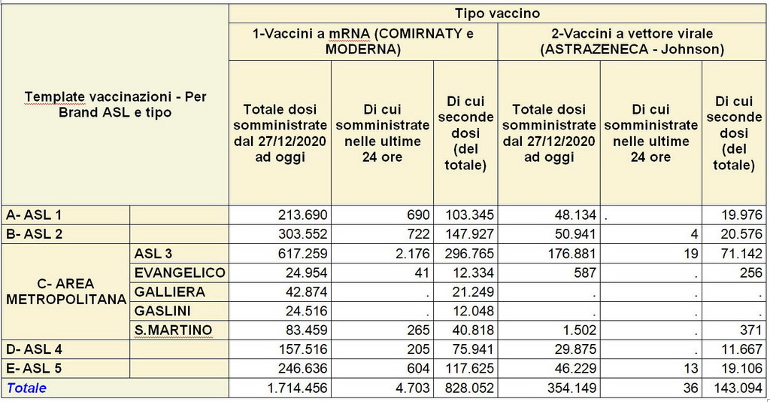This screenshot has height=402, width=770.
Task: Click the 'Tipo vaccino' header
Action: [x=497, y=14]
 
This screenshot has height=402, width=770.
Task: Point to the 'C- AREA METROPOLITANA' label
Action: [x=65, y=291]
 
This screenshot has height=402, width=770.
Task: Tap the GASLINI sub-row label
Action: [x=163, y=310]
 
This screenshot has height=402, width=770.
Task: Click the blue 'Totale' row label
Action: [x=27, y=388]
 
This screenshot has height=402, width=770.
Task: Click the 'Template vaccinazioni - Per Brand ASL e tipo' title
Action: [x=115, y=105]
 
